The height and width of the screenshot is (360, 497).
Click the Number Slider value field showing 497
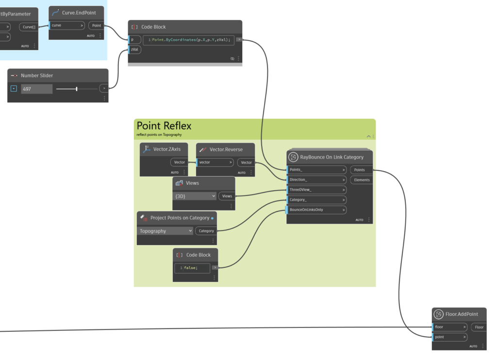pos(36,89)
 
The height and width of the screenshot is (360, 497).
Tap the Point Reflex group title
pos(164,126)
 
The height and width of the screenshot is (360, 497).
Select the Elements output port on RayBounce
pos(362,180)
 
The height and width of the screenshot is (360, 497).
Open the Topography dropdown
pos(166,231)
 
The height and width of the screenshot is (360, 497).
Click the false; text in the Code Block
pos(191,268)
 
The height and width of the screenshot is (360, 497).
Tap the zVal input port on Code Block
pos(134,49)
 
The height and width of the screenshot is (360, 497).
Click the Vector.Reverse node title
pos(226,149)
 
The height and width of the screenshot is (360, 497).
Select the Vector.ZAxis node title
pos(166,149)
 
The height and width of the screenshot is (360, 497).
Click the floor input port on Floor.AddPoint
pos(449,327)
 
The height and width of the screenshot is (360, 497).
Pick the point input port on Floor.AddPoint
pos(449,337)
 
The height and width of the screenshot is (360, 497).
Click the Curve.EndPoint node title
pos(79,12)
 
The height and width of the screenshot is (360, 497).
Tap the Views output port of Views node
pos(227,196)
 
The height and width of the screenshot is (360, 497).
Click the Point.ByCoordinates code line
pos(191,40)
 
